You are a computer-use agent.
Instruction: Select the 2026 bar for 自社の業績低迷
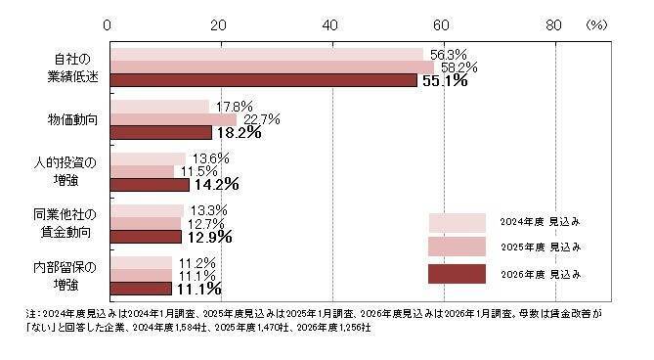[264, 80]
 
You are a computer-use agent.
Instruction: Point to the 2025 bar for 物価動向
[171, 119]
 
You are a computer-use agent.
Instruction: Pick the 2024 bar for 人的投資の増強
[146, 158]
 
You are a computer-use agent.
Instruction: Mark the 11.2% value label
[195, 262]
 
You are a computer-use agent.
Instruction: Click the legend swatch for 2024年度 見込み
[457, 222]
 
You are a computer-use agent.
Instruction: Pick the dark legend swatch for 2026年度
[457, 273]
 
